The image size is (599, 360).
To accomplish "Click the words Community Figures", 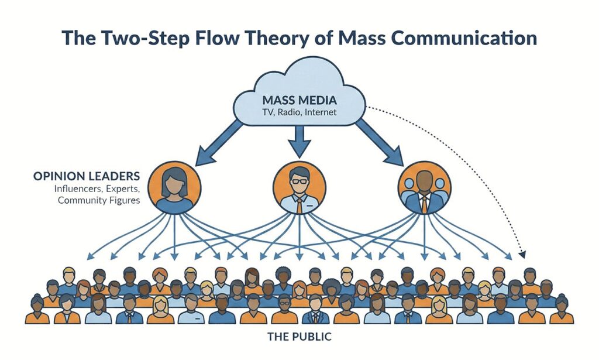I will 98,201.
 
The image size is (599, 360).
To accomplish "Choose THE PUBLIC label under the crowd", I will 299,337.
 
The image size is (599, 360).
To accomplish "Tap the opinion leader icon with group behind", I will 424,187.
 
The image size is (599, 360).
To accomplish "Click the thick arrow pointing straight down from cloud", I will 299,140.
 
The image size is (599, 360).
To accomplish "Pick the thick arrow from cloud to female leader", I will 219,140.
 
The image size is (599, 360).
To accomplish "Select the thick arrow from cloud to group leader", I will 380,140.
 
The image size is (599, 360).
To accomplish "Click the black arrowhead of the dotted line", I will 522,255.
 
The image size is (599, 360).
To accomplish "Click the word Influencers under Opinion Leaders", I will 78,188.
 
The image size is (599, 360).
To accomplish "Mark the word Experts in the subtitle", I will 122,188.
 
